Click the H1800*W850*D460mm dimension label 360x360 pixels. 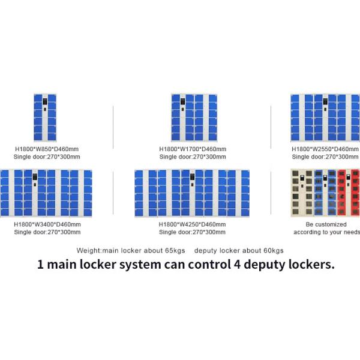47,149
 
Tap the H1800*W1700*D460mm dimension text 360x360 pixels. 192,149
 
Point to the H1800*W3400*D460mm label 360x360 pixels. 47,224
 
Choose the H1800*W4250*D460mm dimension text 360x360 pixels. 192,224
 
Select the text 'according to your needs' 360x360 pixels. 326,232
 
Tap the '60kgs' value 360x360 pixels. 274,250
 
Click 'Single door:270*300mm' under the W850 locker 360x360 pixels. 47,157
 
